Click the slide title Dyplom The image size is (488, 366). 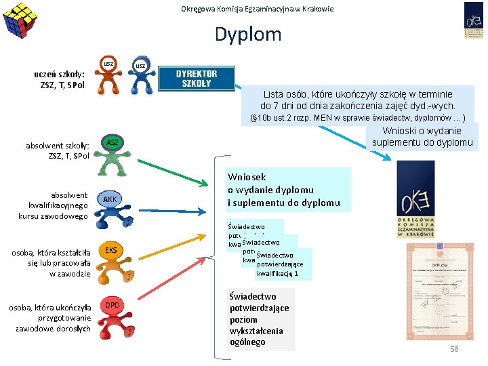tap(248, 34)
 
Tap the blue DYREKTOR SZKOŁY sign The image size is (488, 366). tap(197, 79)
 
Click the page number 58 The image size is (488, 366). tap(454, 348)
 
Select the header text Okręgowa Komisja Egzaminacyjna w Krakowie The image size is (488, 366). tap(258, 9)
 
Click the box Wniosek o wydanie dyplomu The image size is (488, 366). tap(289, 189)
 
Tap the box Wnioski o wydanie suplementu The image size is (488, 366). tap(422, 136)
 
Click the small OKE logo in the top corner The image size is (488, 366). tap(473, 20)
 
